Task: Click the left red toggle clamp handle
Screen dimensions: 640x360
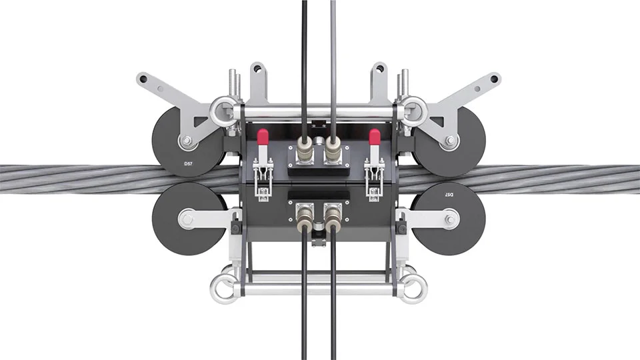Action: pos(263,137)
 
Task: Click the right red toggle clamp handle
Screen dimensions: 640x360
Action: pos(374,137)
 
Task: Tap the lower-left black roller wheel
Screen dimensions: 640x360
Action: pos(189,219)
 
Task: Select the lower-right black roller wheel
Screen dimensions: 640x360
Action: pos(449,219)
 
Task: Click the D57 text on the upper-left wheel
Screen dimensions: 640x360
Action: pos(188,164)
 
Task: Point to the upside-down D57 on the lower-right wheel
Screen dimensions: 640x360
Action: pos(448,194)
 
